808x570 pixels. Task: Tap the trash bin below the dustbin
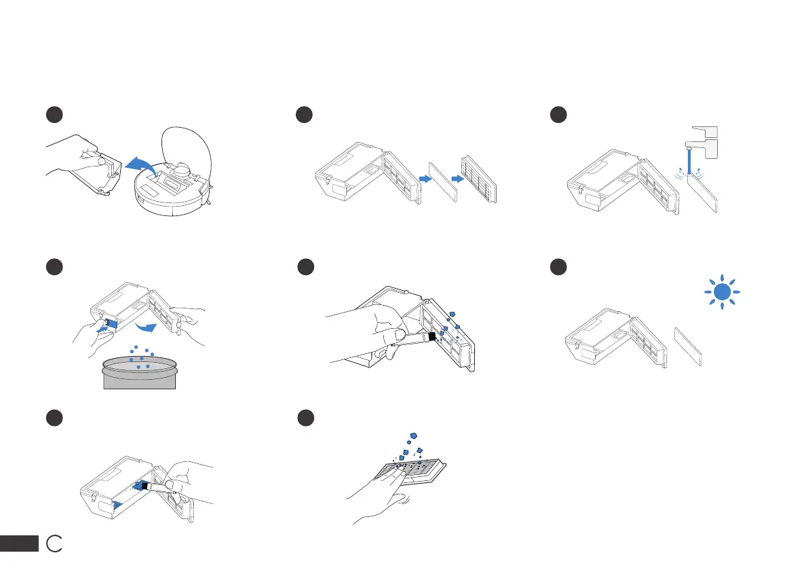click(x=139, y=374)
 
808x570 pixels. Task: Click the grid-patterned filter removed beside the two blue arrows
click(x=479, y=179)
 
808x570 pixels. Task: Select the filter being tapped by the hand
click(x=415, y=468)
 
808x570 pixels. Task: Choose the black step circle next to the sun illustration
click(x=558, y=268)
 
